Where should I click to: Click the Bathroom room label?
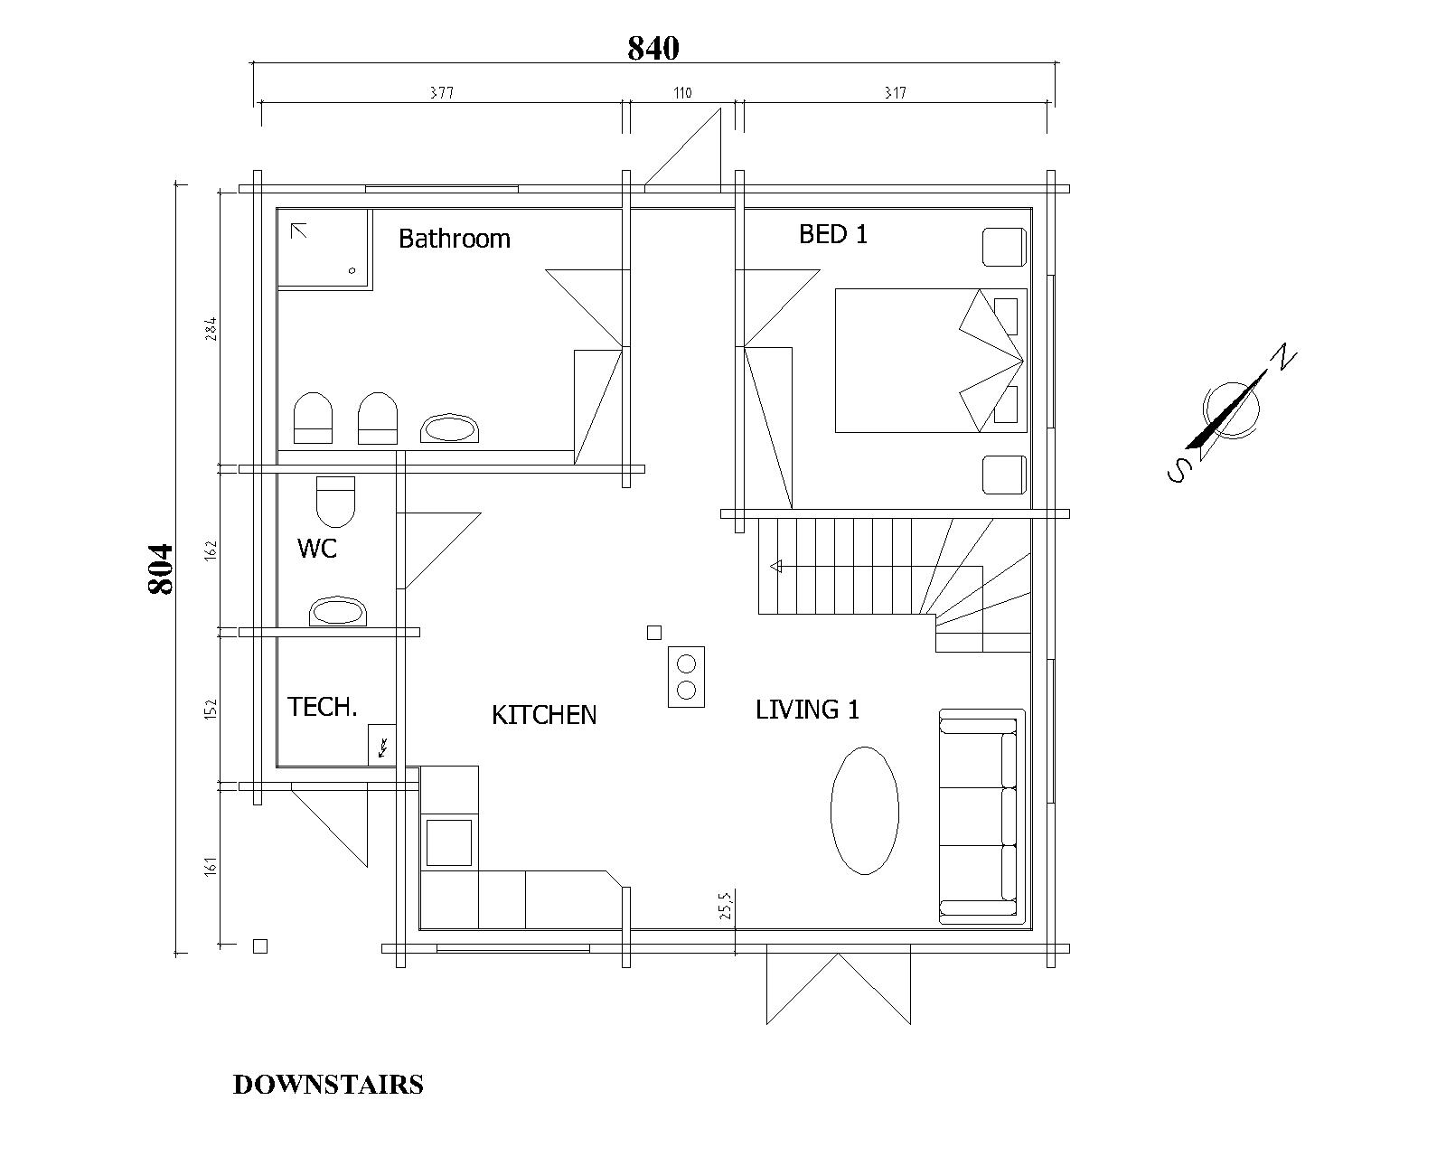pos(455,239)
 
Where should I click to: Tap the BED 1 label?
pos(833,235)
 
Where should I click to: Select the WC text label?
pos(317,549)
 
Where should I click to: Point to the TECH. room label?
pos(323,707)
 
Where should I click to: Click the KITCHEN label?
pos(544,715)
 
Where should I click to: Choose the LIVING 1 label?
pos(808,710)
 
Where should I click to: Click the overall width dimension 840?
pos(653,49)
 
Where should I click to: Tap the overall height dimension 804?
pos(160,569)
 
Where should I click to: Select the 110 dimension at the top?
pos(682,93)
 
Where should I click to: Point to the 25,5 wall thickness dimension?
pos(725,904)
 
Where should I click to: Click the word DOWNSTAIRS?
pos(328,1085)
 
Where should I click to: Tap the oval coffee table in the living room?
pos(865,811)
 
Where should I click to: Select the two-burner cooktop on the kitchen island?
pos(686,677)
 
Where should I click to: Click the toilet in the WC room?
pos(335,502)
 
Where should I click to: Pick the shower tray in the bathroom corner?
pos(324,249)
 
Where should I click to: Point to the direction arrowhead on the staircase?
pos(776,567)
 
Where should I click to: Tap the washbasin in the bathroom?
pos(449,428)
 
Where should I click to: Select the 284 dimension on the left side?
pos(211,329)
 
